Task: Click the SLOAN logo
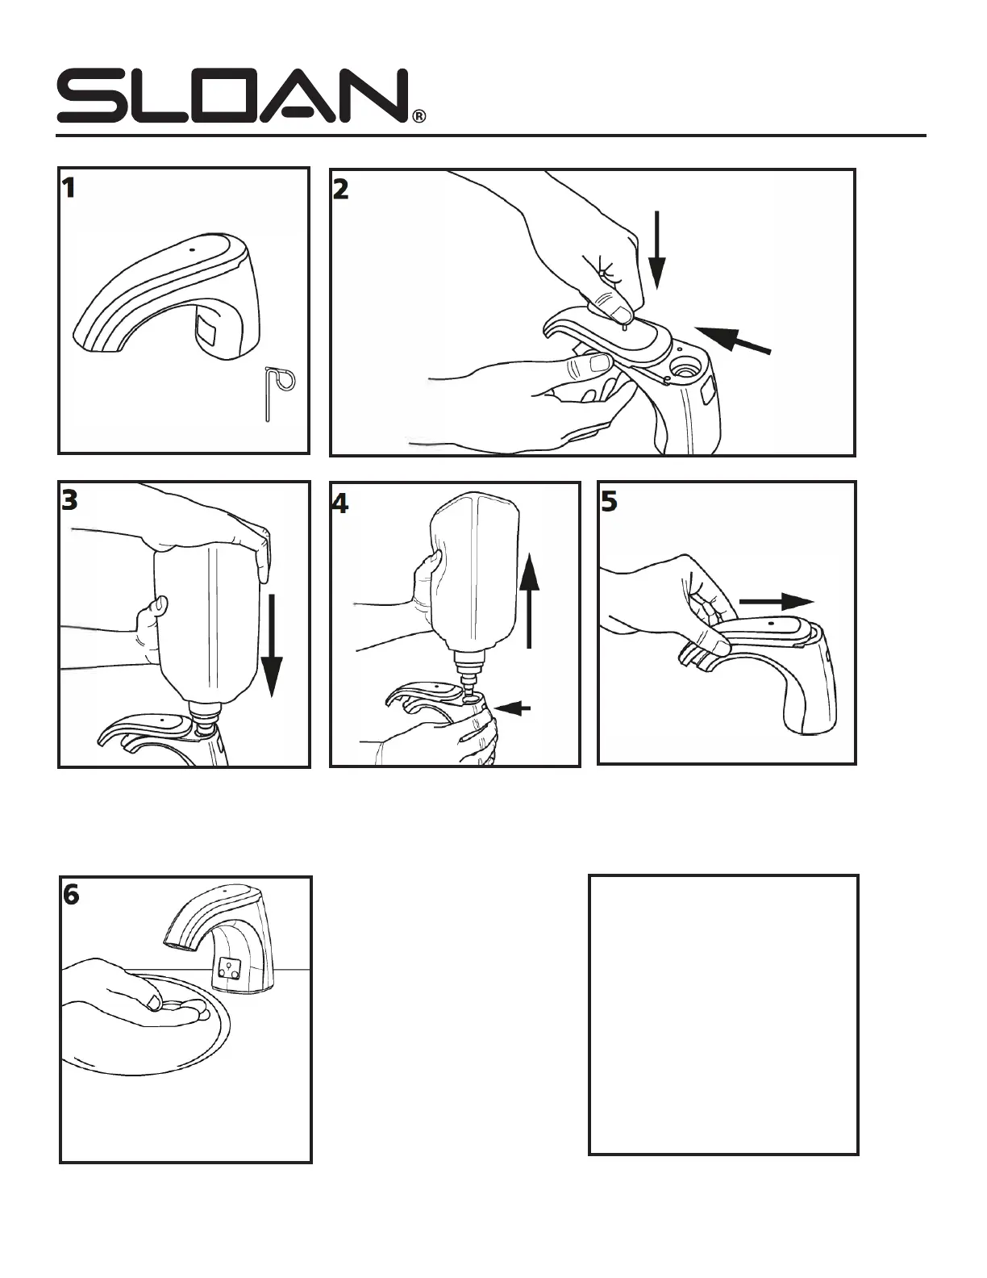(x=232, y=97)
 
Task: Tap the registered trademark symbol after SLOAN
(x=419, y=116)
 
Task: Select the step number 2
(x=341, y=190)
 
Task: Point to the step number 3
(x=70, y=501)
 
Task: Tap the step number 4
(x=340, y=503)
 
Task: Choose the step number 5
(x=609, y=502)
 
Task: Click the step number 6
(x=72, y=896)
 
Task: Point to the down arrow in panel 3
(x=272, y=645)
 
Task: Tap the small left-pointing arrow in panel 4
(x=513, y=708)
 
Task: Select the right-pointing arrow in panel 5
(x=777, y=601)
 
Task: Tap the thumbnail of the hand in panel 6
(x=153, y=1003)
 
